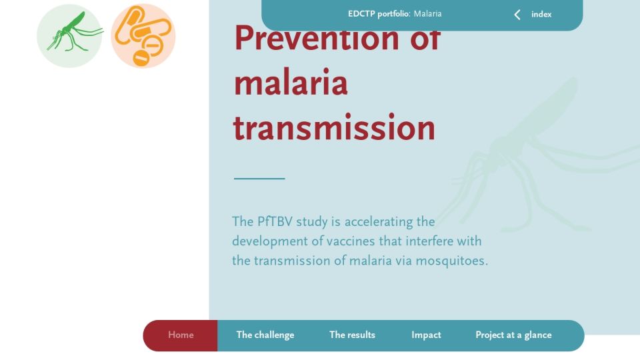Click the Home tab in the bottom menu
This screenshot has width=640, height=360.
(x=181, y=335)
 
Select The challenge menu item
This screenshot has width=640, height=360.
(x=265, y=335)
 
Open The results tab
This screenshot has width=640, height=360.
(x=352, y=335)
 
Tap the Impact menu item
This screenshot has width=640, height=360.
(x=426, y=335)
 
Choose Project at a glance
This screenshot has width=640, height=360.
(x=513, y=335)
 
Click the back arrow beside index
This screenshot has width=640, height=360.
(x=517, y=15)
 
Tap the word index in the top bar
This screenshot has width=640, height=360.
(x=541, y=14)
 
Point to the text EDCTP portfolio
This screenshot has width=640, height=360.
(x=379, y=14)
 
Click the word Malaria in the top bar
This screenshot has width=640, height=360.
(x=427, y=14)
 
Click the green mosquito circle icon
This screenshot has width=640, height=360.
(x=69, y=36)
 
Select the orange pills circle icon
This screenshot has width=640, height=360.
(x=143, y=36)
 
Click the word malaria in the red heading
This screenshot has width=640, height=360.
(x=291, y=83)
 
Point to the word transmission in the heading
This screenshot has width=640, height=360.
(x=334, y=127)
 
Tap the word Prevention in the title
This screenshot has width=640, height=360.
(x=316, y=38)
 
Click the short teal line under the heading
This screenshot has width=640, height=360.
(x=259, y=179)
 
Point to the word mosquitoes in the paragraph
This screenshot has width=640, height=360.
(x=451, y=261)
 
